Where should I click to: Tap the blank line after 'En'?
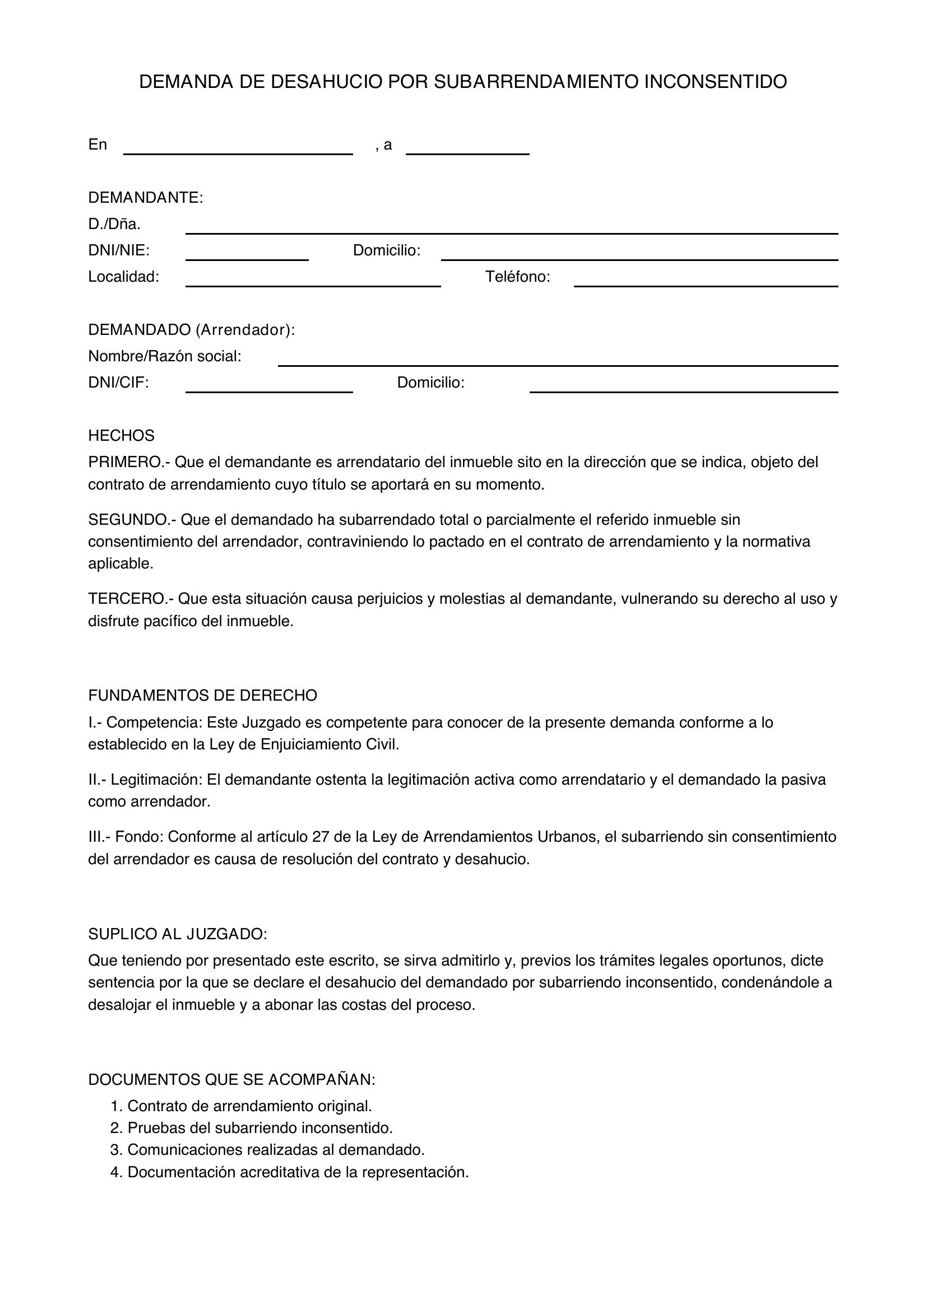pos(238,150)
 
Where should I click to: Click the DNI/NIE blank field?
pos(247,255)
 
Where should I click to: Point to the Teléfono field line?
pos(706,281)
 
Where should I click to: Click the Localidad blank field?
pos(313,281)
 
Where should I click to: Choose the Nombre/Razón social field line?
pos(558,361)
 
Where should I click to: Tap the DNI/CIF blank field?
pos(269,388)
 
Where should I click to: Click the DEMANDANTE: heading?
pos(146,198)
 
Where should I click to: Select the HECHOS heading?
pos(121,436)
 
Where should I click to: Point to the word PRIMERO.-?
pos(128,462)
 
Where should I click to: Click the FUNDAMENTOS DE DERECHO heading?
pos(203,696)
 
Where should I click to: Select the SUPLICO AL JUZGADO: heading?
pos(178,934)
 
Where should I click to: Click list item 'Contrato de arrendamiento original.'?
pos(249,1106)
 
